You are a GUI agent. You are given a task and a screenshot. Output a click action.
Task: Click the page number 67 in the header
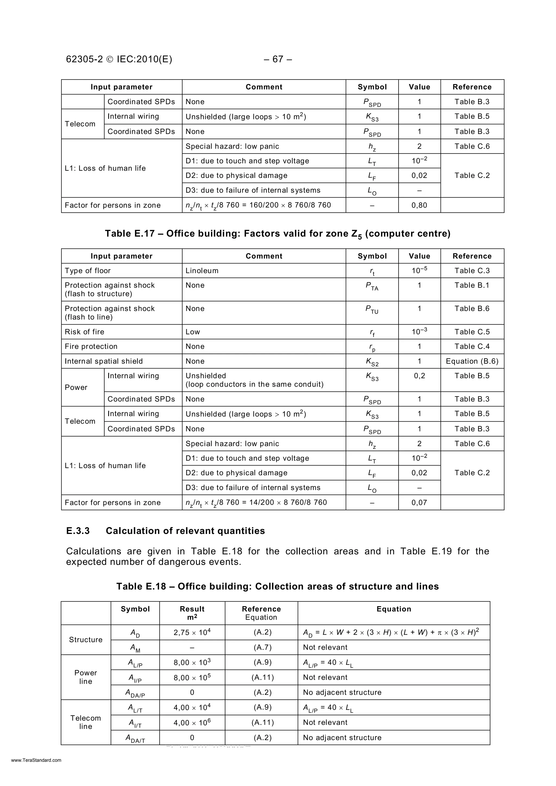pyautogui.click(x=278, y=59)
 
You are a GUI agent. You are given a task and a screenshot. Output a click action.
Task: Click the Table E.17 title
pyautogui.click(x=277, y=234)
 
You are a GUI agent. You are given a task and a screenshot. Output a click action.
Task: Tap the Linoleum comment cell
pyautogui.click(x=202, y=271)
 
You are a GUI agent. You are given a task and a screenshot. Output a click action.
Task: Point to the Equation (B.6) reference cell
pyautogui.click(x=472, y=361)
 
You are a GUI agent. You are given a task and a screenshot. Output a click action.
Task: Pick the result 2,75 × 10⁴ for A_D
pyautogui.click(x=192, y=633)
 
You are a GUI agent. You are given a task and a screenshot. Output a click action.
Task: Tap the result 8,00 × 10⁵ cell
pyautogui.click(x=192, y=678)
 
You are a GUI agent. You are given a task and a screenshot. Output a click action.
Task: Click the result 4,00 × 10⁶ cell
pyautogui.click(x=192, y=723)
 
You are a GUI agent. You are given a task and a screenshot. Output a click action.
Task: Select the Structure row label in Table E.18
pyautogui.click(x=86, y=640)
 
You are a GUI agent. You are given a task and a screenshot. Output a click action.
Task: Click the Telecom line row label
pyautogui.click(x=86, y=722)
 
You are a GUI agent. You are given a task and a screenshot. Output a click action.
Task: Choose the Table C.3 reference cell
pyautogui.click(x=472, y=271)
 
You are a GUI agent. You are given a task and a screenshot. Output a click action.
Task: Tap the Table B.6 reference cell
pyautogui.click(x=472, y=309)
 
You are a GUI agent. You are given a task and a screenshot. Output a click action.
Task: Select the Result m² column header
pyautogui.click(x=192, y=613)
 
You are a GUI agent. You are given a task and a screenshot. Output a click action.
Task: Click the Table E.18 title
pyautogui.click(x=277, y=586)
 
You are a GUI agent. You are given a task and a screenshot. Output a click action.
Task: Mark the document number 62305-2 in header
pyautogui.click(x=84, y=59)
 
